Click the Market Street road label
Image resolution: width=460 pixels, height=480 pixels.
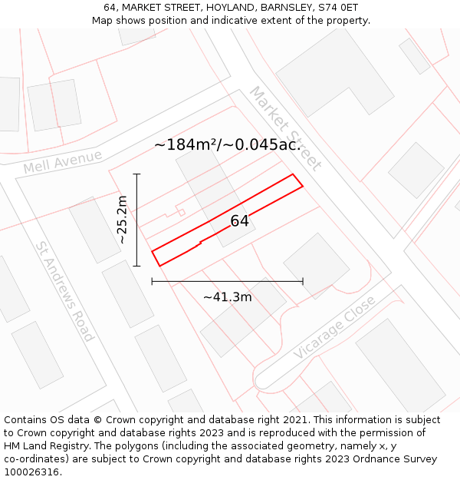pos(285,128)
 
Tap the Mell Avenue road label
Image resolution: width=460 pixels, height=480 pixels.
pos(63,162)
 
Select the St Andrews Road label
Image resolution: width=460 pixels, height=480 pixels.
pos(64,291)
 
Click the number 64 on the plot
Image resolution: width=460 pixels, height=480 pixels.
pos(240,221)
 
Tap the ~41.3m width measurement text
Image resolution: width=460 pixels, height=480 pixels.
pos(227,297)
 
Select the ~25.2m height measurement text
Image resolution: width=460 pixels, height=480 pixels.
pos(121,220)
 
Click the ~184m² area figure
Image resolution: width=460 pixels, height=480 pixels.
pos(186,144)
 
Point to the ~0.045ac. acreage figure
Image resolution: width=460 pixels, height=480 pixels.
pos(263,144)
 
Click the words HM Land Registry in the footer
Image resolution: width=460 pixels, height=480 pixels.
pos(41,445)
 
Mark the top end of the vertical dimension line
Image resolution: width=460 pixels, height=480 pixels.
pos(137,174)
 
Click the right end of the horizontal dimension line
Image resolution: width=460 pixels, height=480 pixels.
pos(303,282)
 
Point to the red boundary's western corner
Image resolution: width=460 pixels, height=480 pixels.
pos(152,252)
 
